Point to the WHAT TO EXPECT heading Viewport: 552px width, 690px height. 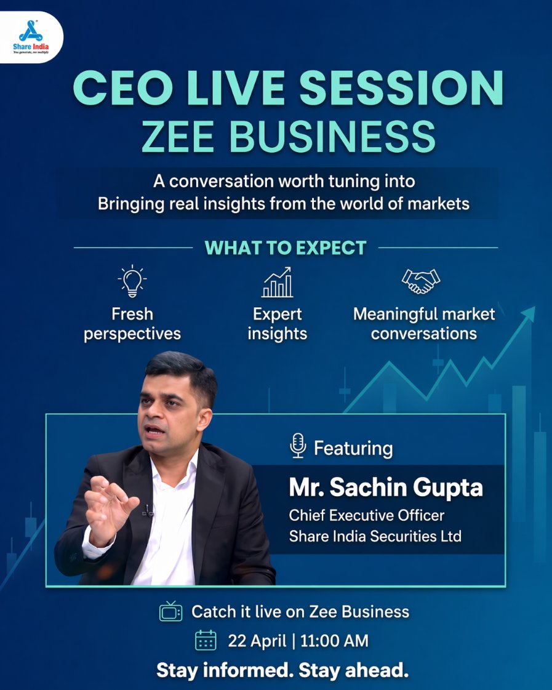(286, 248)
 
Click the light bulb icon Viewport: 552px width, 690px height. (132, 283)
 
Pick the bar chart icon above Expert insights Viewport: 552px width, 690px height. (277, 283)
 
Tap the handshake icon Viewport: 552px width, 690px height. (421, 281)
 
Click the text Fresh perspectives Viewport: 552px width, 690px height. (132, 324)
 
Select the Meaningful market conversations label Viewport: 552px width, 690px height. (424, 324)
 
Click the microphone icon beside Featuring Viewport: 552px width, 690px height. (298, 446)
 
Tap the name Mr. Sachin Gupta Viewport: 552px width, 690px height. (386, 487)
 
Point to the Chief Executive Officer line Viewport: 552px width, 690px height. (367, 515)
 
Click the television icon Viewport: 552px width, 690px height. (170, 611)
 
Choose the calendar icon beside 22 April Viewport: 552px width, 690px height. (206, 640)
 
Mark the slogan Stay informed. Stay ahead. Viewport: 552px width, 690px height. (282, 670)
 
